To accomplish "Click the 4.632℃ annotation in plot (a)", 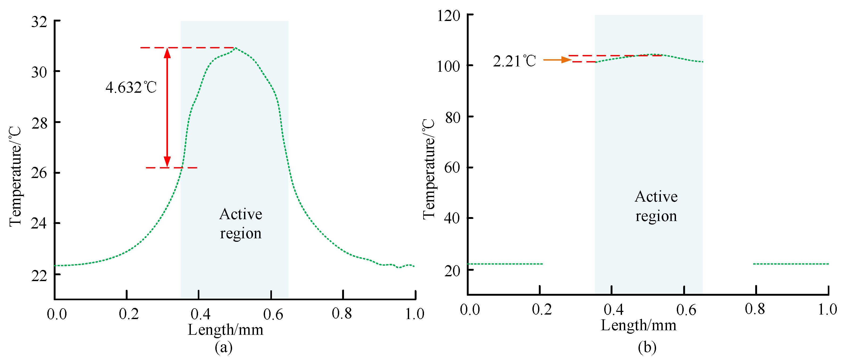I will pos(131,88).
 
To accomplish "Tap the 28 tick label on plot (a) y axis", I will pos(39,123).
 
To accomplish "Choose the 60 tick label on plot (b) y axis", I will pos(452,167).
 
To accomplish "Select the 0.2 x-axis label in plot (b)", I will pos(541,310).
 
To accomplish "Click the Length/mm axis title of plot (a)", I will pos(225,329).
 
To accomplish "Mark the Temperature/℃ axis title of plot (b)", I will pos(429,169).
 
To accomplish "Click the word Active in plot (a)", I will pos(241,214).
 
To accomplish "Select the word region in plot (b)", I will pos(656,217).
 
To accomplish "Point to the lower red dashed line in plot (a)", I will pos(171,168).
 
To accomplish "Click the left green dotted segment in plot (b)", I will pos(505,264).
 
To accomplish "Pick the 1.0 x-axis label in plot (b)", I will pos(827,310).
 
